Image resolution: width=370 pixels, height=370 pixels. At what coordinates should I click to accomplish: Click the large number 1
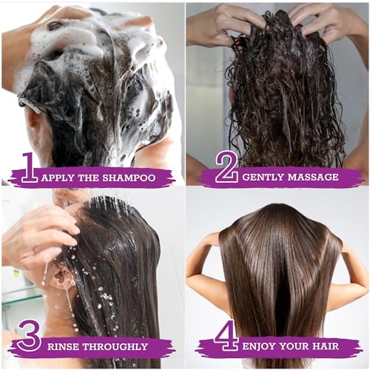click(x=29, y=168)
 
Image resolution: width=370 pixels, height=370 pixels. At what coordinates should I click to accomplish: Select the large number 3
click(x=29, y=337)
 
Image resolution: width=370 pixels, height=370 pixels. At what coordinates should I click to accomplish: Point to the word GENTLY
click(x=262, y=178)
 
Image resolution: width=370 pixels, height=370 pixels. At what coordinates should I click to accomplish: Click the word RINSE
click(x=65, y=346)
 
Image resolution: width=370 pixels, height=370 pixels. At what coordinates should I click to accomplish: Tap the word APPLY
click(x=58, y=178)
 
